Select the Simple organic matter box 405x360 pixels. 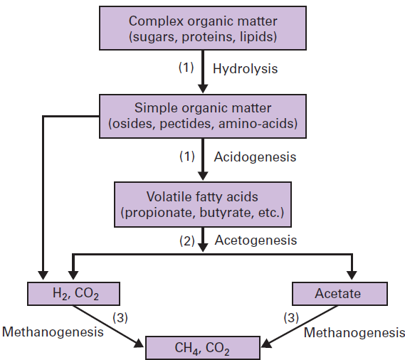pos(204,117)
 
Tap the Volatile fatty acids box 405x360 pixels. pos(204,203)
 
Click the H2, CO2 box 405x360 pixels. pos(73,293)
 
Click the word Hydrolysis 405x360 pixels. pos(245,69)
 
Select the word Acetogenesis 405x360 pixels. pos(255,240)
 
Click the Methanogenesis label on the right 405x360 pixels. pos(355,332)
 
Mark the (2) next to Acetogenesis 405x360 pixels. pos(186,241)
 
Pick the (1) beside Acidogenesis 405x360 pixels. pos(186,157)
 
